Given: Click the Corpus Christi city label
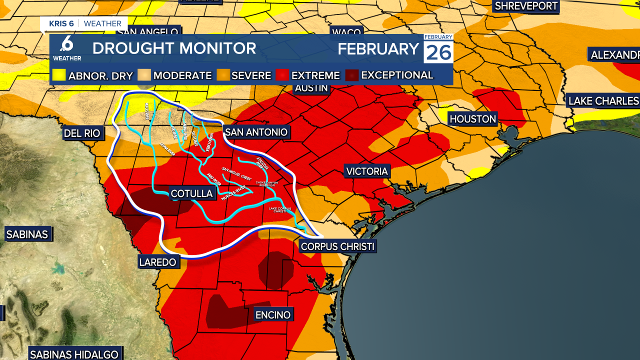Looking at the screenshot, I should tap(337, 246).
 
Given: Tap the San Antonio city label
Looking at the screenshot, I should tap(256, 132).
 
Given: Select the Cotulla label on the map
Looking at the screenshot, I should tap(192, 193).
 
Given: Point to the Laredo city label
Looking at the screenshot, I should tap(157, 262).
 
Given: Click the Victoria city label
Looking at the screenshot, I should tap(367, 171).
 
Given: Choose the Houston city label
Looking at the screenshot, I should tap(472, 119).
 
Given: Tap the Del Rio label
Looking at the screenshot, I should tap(82, 133).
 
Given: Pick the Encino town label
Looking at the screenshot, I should tap(272, 314).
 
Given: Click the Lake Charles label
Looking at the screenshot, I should tap(603, 101).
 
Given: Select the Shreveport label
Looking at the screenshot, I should tap(525, 6).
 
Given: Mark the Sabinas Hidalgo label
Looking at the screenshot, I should tap(74, 354).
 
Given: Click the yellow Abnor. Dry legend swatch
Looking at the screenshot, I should tap(59, 75).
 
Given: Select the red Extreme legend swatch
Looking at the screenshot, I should tap(282, 75).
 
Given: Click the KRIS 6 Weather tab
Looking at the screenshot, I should tap(84, 23).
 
